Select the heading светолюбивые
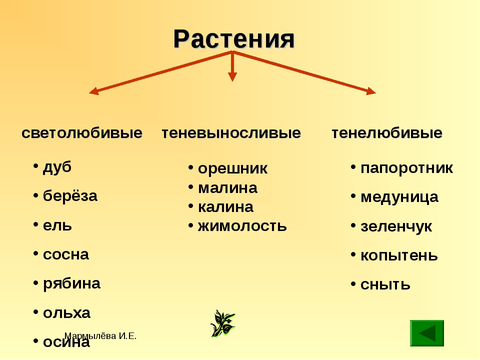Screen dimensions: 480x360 pos(82,133)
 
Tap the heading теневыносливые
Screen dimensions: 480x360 pos(231,133)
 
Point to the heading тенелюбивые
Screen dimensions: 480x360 pos(387,133)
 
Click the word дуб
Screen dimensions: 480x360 pos(57,167)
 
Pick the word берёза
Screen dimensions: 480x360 pos(70,195)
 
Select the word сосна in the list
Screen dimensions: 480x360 pos(66,254)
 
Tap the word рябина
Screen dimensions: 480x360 pos(71,284)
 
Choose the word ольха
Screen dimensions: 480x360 pos(66,313)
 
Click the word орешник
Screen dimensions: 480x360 pos(232,168)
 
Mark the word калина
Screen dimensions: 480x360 pos(225,207)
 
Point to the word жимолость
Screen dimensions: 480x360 pos(242,226)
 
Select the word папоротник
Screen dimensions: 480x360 pos(406,168)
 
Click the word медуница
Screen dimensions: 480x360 pos(399,197)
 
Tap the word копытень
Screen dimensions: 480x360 pos(399,255)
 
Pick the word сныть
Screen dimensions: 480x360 pos(385,284)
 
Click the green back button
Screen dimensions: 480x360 pos(427,333)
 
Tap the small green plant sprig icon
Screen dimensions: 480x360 pos(223,323)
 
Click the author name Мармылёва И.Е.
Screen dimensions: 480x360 pos(100,336)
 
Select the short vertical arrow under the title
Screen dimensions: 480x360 pos(232,66)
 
